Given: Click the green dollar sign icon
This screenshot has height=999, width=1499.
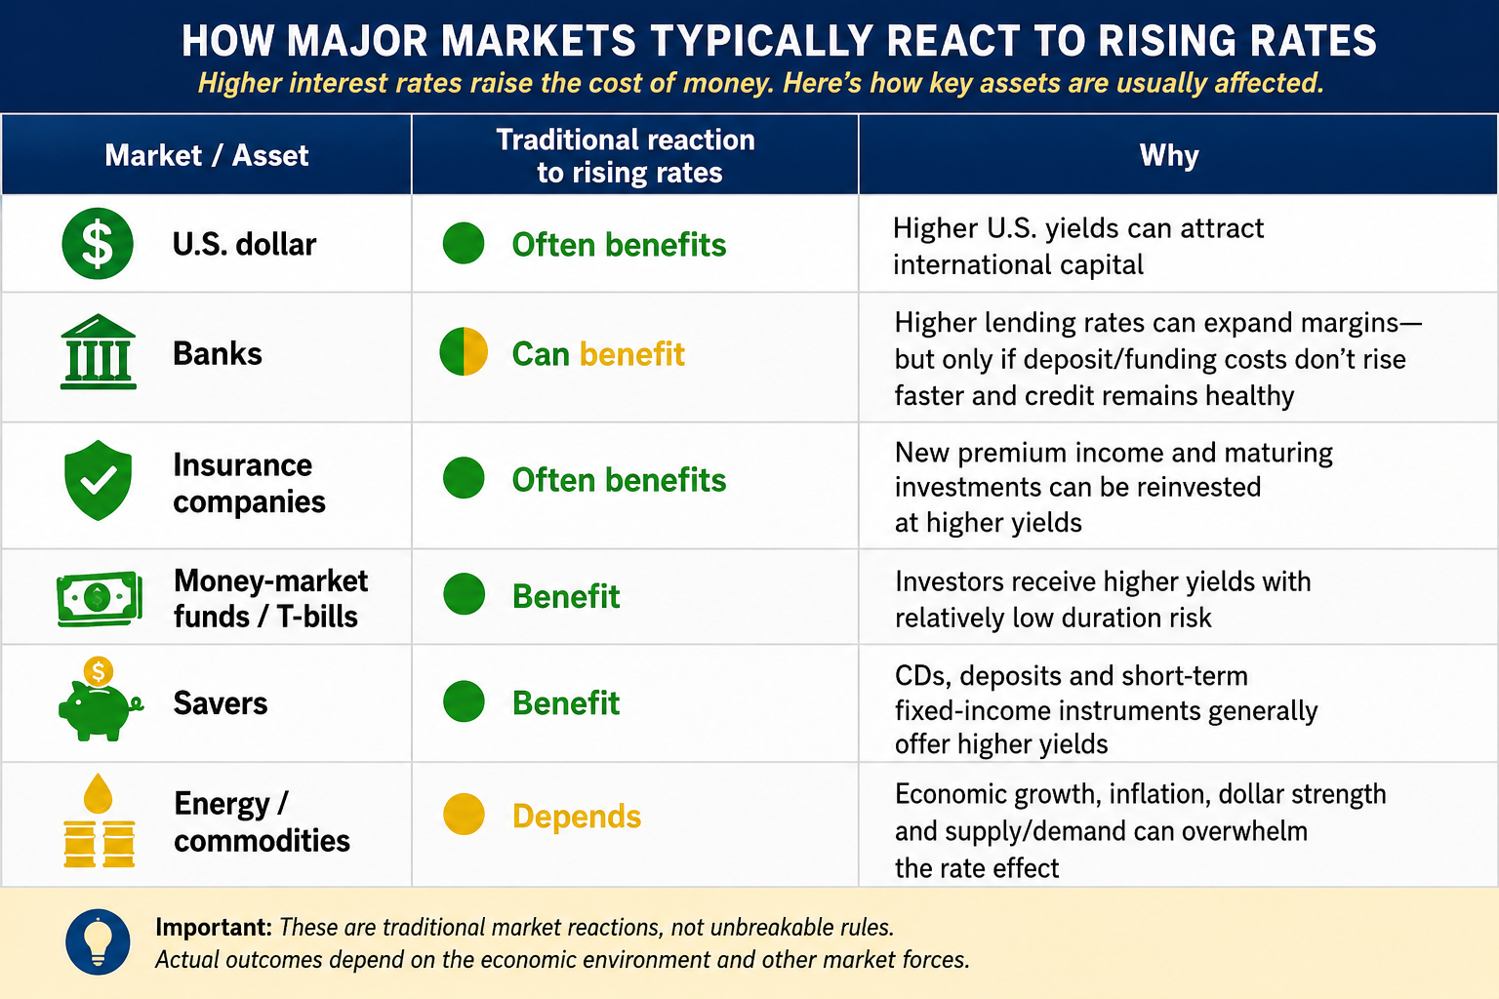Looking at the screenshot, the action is click(x=98, y=243).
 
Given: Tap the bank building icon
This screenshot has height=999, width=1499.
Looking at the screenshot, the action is click(x=99, y=351).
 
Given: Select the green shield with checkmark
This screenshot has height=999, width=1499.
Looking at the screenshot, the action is click(x=98, y=480).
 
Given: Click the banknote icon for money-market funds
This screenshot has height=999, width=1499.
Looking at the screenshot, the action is click(x=100, y=598).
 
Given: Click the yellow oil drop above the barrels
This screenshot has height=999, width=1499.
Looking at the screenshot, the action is click(x=99, y=793).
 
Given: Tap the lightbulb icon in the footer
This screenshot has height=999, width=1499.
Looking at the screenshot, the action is click(x=98, y=941).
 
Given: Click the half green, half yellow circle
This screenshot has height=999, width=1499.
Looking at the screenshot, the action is click(x=464, y=351).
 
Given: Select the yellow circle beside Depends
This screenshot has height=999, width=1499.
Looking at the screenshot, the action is click(x=464, y=814).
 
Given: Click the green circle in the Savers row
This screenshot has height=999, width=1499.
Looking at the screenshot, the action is click(x=464, y=701).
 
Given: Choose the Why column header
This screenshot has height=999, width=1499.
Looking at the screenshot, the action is click(x=1169, y=155).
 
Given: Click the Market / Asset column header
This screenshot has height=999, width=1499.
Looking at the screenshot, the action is click(x=207, y=155).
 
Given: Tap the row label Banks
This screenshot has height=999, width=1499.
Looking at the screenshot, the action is click(x=218, y=353).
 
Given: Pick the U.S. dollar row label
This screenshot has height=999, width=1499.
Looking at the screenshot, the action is click(x=244, y=244).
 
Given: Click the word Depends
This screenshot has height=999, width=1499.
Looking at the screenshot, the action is click(x=577, y=817).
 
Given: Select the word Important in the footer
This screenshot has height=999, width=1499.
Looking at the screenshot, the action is click(x=214, y=928).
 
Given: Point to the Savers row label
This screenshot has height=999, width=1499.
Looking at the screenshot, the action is click(x=221, y=703).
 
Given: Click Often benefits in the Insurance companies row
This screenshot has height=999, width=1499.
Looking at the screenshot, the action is click(x=619, y=480).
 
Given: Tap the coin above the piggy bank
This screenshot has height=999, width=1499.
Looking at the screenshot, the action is click(x=99, y=671).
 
